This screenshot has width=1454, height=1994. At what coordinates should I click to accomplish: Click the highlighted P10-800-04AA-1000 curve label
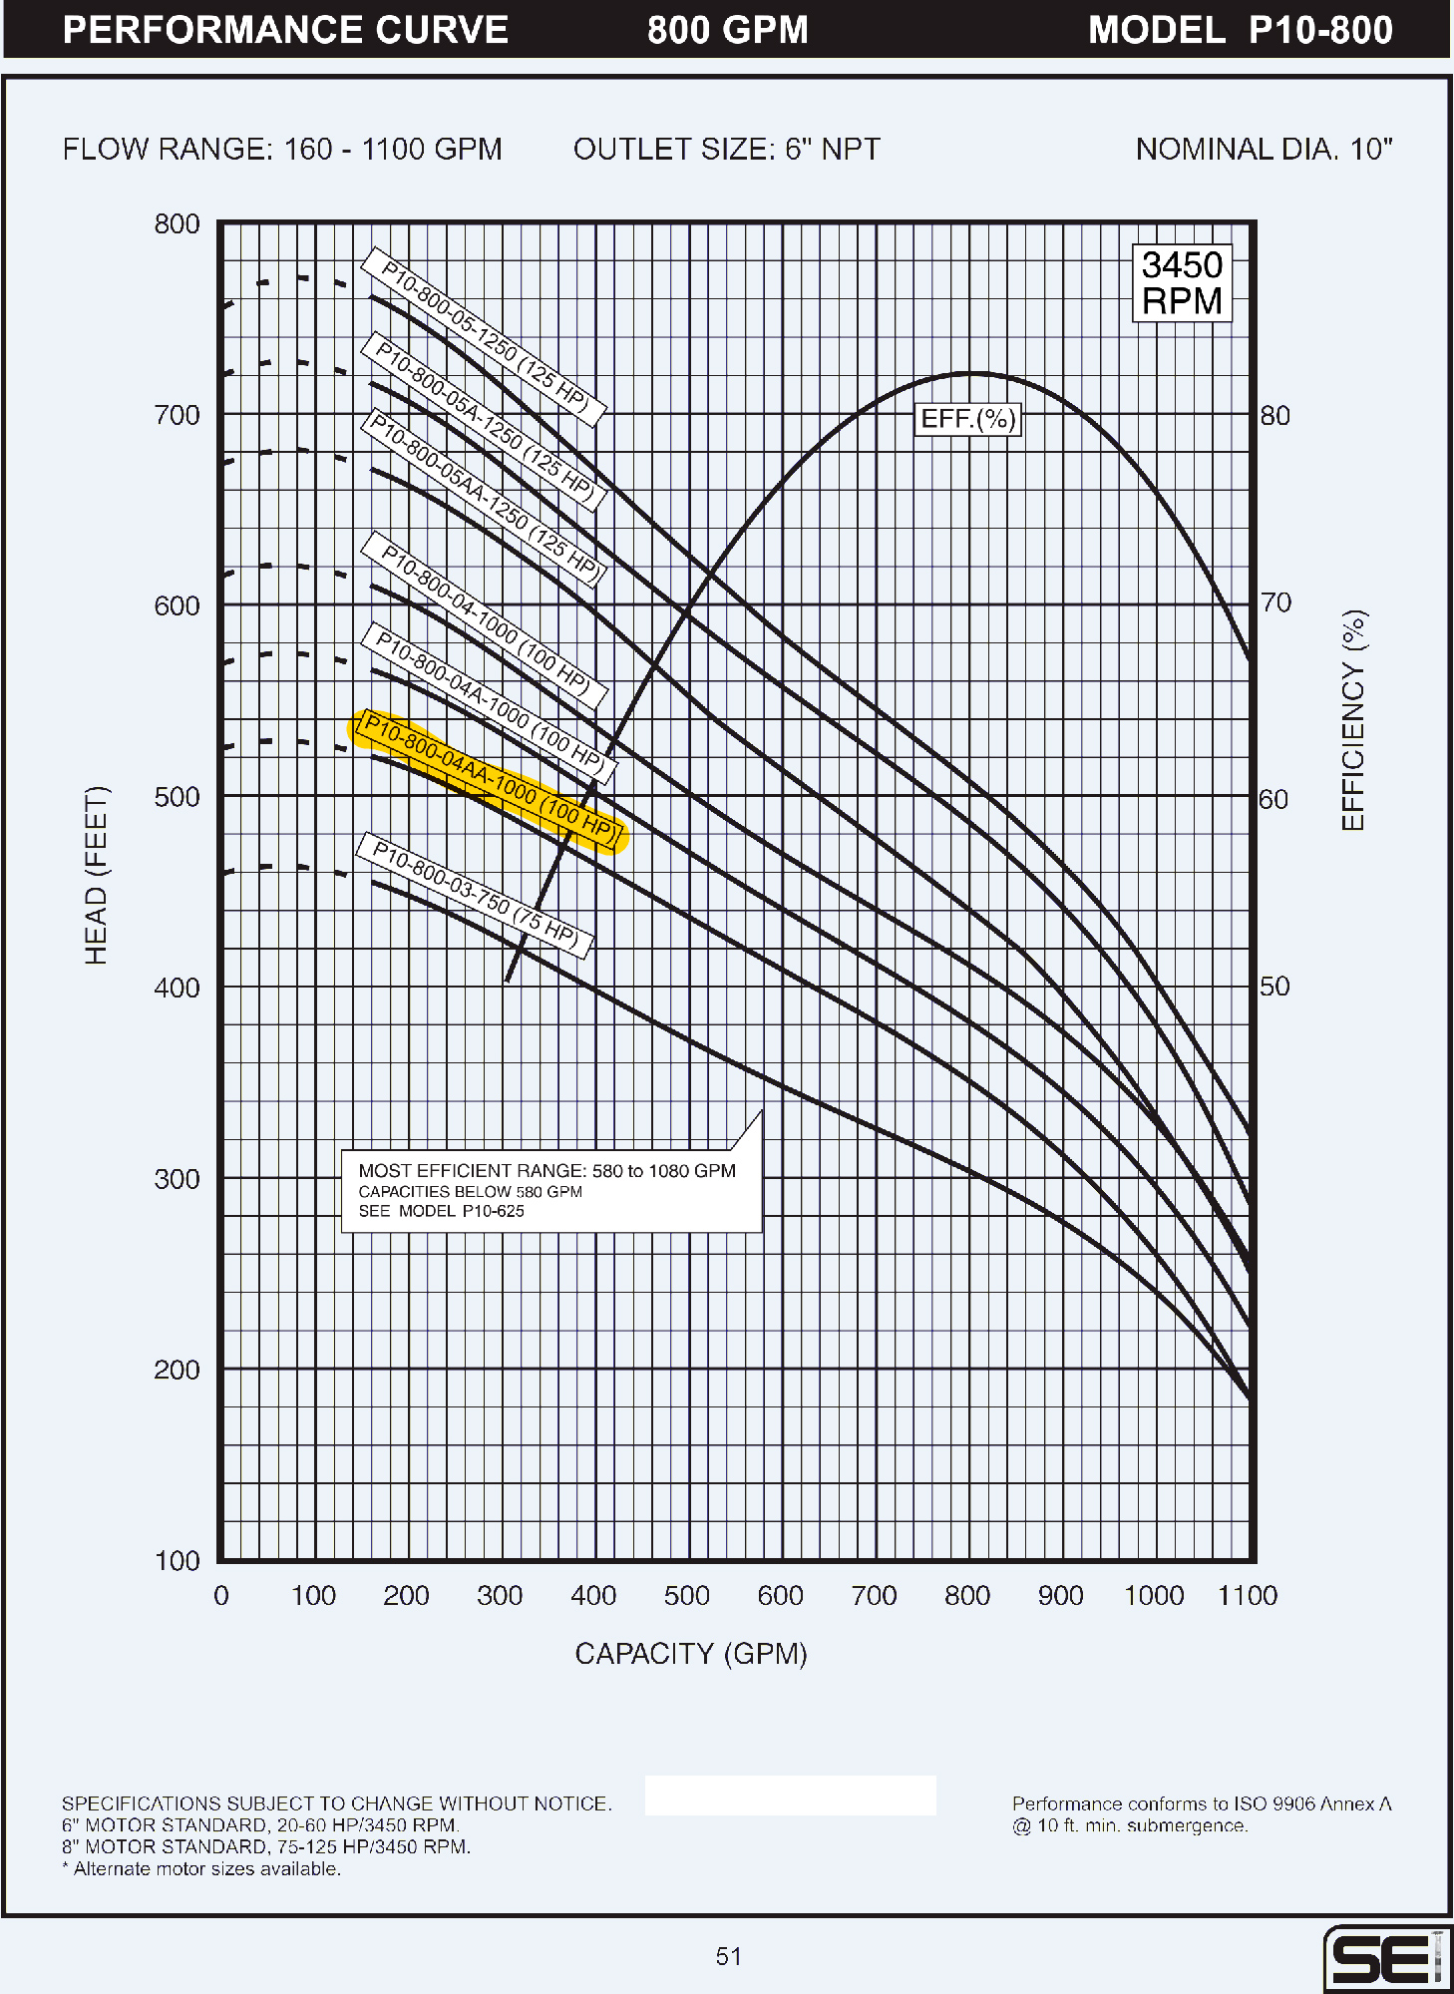click(x=489, y=781)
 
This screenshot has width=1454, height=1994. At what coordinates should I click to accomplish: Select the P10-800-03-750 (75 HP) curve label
click(x=475, y=895)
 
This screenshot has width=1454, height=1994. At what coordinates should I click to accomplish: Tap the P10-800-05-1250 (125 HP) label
click(x=484, y=337)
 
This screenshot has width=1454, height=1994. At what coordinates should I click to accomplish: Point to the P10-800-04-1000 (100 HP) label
click(x=484, y=620)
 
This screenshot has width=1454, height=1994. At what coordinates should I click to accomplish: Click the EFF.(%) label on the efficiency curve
click(x=967, y=419)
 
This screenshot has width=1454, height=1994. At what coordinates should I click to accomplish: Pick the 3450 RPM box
click(x=1182, y=283)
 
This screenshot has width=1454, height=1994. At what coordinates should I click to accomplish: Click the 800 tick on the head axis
click(x=177, y=224)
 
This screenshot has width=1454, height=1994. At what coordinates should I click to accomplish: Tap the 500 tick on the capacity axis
click(x=686, y=1596)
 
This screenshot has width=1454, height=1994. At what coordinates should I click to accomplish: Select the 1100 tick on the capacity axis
click(x=1247, y=1596)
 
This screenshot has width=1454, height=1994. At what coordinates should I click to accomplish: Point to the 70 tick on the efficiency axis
click(x=1275, y=602)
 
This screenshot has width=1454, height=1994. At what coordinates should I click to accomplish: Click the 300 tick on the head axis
click(x=177, y=1179)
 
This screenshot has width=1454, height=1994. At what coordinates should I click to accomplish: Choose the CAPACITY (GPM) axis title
click(x=690, y=1654)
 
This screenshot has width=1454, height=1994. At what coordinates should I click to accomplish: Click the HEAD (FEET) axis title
click(x=96, y=875)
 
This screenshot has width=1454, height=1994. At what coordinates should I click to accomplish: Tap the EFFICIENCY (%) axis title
click(x=1353, y=720)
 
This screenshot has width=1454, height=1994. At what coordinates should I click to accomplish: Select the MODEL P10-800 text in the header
click(x=1240, y=30)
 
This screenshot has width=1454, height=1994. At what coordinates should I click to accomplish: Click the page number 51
click(x=728, y=1956)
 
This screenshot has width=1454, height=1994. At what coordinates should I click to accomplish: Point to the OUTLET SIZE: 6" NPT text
click(x=726, y=150)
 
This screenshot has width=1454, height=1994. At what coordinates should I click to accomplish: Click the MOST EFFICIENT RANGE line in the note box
click(x=546, y=1171)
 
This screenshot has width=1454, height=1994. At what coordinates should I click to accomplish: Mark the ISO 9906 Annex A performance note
click(x=1201, y=1814)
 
